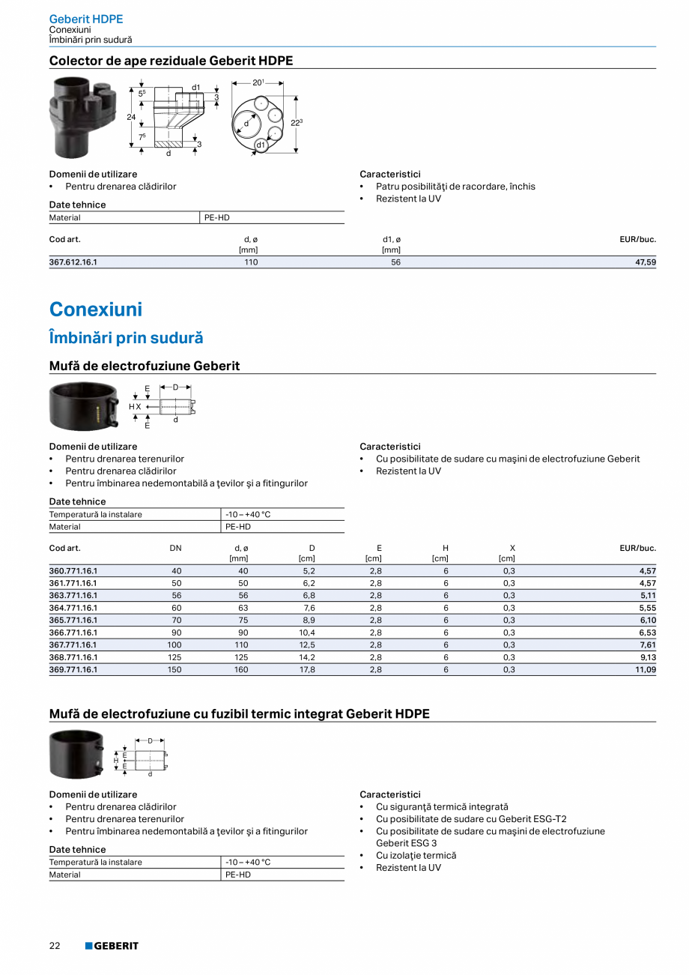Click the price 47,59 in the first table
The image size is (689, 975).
coord(645,262)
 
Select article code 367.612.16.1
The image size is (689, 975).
coord(73,262)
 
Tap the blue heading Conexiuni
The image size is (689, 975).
coord(95,310)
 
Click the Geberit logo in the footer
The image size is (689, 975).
coord(112,946)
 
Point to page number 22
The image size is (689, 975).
coord(55,946)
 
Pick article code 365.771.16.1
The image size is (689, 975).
coord(73,620)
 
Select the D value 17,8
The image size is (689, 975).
coord(307,669)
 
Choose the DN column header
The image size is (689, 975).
coord(175,548)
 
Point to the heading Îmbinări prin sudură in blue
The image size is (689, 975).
coord(126,338)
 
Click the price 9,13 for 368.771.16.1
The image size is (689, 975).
coord(647,657)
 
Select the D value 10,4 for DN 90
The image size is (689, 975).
coord(307,633)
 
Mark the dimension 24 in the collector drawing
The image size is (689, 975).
coord(131,117)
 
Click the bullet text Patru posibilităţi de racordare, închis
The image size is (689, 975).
coord(455,187)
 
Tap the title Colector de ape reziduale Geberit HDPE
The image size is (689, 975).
coord(171,61)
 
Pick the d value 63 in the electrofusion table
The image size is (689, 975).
coord(242,608)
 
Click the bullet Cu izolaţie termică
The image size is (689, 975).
coord(416,855)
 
